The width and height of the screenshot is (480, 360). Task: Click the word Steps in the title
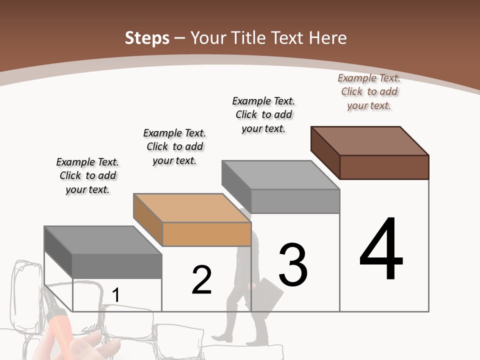[x=147, y=38]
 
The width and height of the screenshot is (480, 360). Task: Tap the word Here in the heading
[x=328, y=38]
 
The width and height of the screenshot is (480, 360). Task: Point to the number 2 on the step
[x=201, y=280]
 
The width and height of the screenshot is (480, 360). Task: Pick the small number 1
[x=115, y=295]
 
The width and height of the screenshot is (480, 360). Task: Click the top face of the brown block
[x=370, y=140]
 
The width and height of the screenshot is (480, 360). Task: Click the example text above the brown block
[x=369, y=92]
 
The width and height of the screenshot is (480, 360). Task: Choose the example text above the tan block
[x=174, y=146]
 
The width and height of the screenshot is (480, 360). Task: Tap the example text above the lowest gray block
[x=87, y=175]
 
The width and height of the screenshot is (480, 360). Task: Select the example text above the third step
[x=263, y=114]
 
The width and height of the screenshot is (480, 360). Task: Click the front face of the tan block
[x=206, y=234]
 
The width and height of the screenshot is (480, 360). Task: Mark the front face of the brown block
[x=384, y=167]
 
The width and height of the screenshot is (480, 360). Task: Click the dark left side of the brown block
[x=325, y=152]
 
